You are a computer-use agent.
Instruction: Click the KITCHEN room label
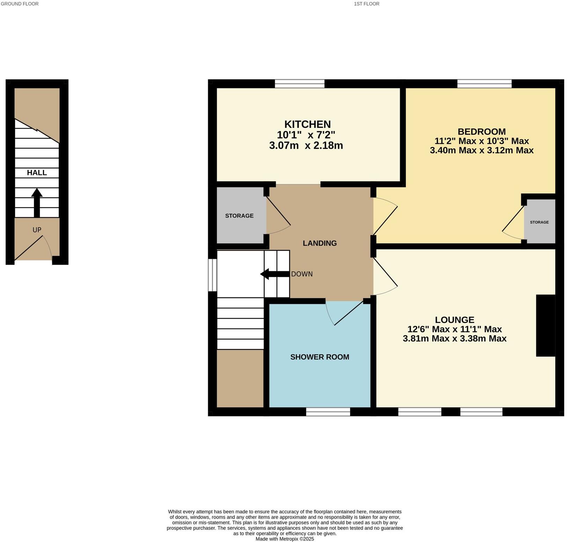click(307, 124)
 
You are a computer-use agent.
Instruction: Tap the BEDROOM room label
click(481, 132)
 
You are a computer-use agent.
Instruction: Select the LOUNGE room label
click(454, 320)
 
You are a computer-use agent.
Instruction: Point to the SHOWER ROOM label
click(319, 357)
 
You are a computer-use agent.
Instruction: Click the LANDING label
click(319, 243)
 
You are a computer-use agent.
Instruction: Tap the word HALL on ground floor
click(37, 173)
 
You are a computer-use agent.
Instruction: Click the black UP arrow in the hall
click(37, 203)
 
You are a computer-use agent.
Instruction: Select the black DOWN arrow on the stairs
click(275, 274)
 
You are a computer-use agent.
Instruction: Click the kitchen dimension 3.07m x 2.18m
click(306, 146)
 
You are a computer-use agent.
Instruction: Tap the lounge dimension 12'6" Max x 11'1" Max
click(454, 329)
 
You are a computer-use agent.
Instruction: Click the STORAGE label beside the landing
click(239, 216)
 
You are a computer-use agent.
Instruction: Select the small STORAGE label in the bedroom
click(539, 222)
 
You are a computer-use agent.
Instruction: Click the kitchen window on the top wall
click(299, 83)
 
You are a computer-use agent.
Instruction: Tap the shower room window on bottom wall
click(328, 412)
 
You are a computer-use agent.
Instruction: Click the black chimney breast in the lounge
click(545, 325)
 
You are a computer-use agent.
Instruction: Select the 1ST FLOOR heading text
click(366, 4)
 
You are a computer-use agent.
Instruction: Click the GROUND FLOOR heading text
click(20, 4)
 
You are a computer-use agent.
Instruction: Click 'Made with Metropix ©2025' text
click(285, 539)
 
